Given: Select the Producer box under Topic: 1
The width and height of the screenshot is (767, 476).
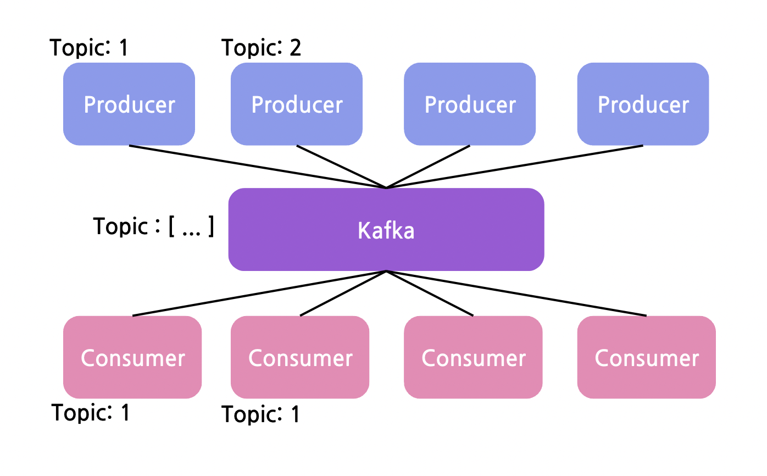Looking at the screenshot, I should point(129,104).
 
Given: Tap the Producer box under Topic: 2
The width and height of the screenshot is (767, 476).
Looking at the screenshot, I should point(297,104).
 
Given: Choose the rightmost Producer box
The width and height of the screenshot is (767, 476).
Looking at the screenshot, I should point(643,104).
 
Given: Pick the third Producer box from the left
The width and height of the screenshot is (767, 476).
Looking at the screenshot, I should point(470,104).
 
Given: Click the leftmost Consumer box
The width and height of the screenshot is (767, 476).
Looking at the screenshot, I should point(132,357).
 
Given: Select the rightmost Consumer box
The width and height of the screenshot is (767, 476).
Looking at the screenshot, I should point(646,357).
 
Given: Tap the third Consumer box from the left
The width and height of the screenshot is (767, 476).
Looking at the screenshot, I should point(473,357).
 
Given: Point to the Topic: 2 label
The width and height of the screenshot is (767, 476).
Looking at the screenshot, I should point(262,48).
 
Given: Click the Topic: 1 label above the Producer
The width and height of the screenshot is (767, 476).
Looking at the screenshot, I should point(89,48).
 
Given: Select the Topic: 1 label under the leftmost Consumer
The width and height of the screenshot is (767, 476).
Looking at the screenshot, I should point(91,412).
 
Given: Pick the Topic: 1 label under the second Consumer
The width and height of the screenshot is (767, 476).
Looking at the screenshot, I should point(261,414).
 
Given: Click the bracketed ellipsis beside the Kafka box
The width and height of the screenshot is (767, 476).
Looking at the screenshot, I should point(191,226).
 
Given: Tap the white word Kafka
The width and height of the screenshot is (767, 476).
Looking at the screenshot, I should point(386,230).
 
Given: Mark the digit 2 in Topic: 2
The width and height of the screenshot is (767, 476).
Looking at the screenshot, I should point(295,48).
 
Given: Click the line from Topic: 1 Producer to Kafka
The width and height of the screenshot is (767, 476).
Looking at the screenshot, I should point(258,167).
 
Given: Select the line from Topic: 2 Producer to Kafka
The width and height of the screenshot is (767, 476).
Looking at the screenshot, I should point(341,167).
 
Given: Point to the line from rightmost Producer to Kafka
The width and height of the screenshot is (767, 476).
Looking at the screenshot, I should point(514,167).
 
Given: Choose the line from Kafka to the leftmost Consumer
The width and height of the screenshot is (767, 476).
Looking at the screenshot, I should point(259,294).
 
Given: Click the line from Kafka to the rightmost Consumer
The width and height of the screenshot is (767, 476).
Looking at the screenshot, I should point(516,294).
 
